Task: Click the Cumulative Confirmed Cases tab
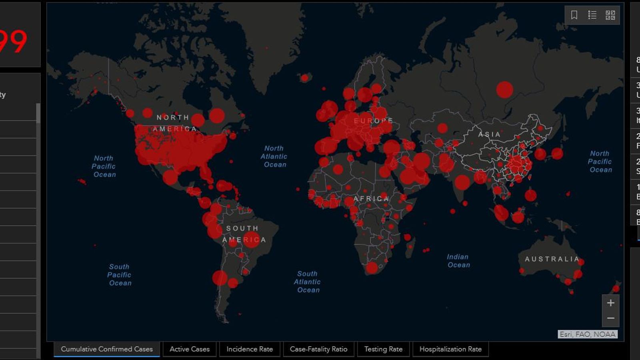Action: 107,349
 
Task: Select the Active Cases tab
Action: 190,349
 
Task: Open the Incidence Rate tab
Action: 250,349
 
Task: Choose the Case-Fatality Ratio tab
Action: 318,349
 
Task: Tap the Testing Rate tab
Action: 383,349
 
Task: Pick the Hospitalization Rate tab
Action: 450,349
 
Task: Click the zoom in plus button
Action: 610,303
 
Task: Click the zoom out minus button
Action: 610,318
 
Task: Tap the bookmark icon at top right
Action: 574,15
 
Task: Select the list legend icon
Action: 592,15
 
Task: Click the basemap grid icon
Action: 610,15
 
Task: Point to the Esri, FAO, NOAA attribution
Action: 587,334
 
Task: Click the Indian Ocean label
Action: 458,261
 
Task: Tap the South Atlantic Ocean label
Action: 307,282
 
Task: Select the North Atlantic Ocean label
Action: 274,156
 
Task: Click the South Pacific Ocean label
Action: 120,275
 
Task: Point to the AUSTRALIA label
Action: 552,259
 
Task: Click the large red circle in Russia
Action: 505,90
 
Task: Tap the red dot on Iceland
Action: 305,78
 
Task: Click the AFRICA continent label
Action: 371,199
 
